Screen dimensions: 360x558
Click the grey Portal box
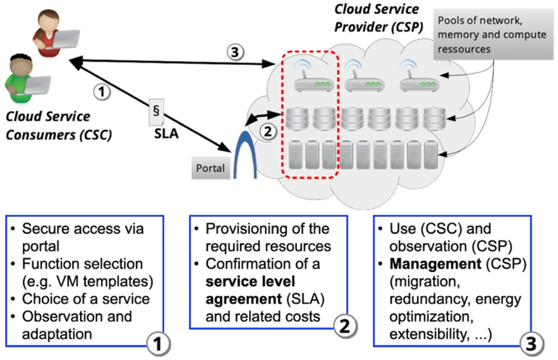pyautogui.click(x=211, y=168)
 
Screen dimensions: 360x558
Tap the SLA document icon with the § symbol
pyautogui.click(x=156, y=110)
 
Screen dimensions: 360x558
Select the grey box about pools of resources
pyautogui.click(x=492, y=35)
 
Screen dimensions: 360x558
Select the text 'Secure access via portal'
pyautogui.click(x=83, y=237)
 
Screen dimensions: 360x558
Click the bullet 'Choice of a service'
pyautogui.click(x=86, y=299)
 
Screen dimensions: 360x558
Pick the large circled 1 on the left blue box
pyautogui.click(x=157, y=344)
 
